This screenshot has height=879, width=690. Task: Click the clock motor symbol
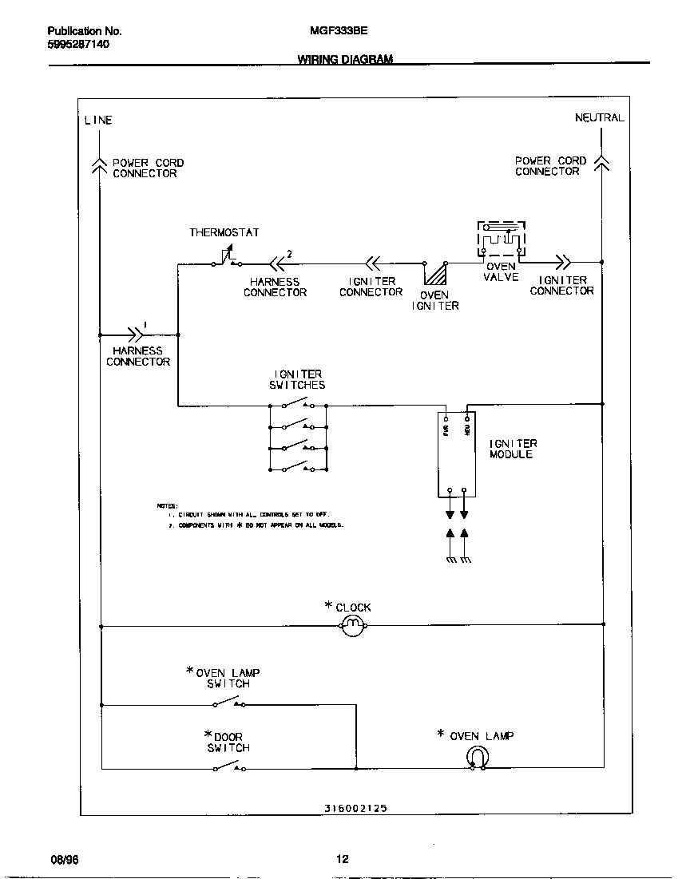(x=352, y=626)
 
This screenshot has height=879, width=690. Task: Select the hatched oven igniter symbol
(x=435, y=274)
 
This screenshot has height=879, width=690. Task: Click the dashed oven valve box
(x=502, y=238)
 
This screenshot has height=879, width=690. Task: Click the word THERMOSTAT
(x=224, y=232)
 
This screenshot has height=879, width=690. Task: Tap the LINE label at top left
(x=98, y=121)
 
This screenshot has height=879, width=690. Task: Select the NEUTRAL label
(x=599, y=117)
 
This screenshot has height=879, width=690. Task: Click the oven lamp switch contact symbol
(x=228, y=703)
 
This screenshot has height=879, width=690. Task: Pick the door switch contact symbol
(x=228, y=766)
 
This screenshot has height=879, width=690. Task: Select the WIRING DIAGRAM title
(x=345, y=60)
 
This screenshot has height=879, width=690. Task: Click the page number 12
(x=342, y=859)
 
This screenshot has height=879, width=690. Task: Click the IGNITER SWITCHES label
(x=297, y=379)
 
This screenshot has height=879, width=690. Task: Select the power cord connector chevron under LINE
(x=100, y=164)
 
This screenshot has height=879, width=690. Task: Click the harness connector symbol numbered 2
(x=276, y=262)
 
